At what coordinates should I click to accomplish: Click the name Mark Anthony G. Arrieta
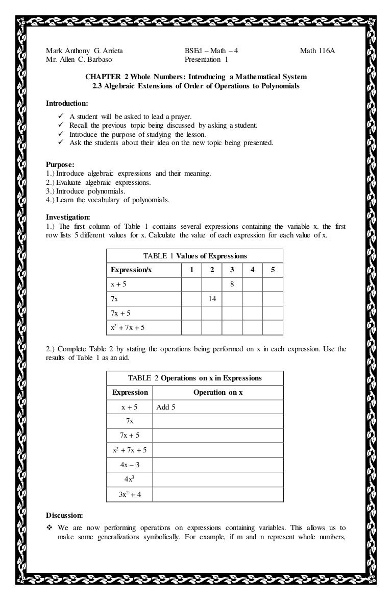point(85,51)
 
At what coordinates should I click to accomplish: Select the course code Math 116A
point(317,51)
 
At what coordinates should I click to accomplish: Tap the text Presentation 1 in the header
point(206,59)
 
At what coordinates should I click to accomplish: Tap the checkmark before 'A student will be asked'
point(60,116)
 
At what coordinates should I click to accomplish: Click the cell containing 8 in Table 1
point(232,284)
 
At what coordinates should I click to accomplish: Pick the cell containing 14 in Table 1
point(212,299)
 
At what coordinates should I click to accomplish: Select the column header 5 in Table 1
point(273,270)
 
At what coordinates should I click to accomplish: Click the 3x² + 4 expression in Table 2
point(130,494)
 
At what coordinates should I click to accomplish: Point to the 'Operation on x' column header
point(218,392)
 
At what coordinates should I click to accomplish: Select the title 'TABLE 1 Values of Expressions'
point(195,256)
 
